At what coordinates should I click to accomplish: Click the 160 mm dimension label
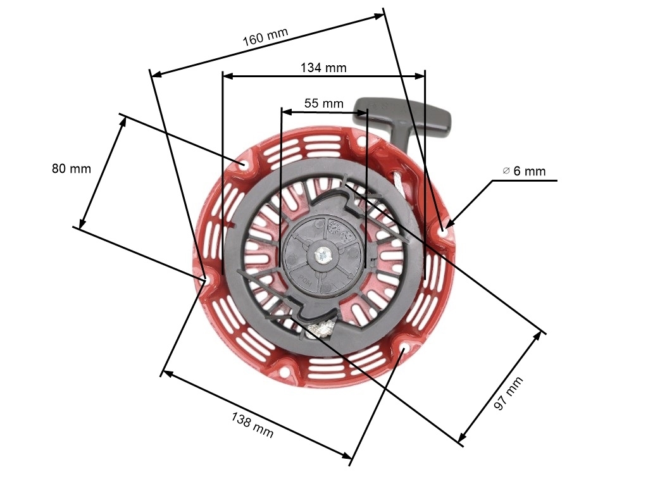pyautogui.click(x=265, y=36)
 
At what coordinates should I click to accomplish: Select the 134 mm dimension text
pyautogui.click(x=323, y=67)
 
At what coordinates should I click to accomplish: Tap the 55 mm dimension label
pyautogui.click(x=323, y=103)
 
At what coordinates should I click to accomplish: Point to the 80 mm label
pyautogui.click(x=71, y=168)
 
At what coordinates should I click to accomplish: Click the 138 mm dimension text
pyautogui.click(x=252, y=425)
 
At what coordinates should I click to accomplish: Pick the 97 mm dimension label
pyautogui.click(x=509, y=394)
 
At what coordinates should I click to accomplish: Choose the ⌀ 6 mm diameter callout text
pyautogui.click(x=524, y=171)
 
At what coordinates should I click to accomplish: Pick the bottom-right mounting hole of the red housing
pyautogui.click(x=405, y=349)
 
